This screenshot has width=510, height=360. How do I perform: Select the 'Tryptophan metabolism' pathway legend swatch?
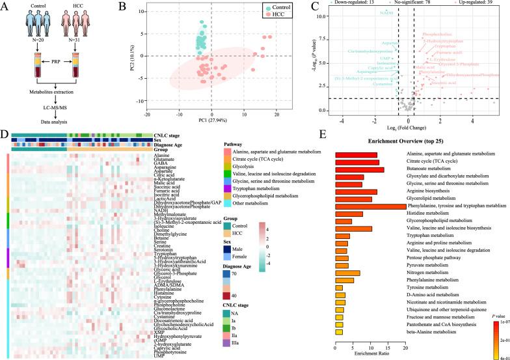219,188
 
